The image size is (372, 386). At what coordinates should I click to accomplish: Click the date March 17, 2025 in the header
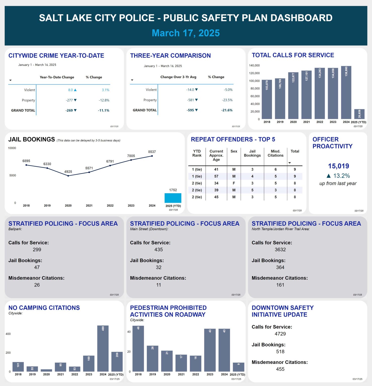[x=186, y=33]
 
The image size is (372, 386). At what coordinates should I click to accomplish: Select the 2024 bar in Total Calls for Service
[x=346, y=92]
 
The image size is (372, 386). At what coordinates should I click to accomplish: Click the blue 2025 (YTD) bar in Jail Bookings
[x=173, y=198]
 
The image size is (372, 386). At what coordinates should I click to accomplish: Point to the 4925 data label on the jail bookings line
[x=68, y=172]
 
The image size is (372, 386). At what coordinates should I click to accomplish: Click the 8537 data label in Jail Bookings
[x=152, y=152]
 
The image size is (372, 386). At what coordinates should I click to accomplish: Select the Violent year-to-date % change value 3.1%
[x=106, y=90]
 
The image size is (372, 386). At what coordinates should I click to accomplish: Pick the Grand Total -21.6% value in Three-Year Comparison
[x=227, y=110]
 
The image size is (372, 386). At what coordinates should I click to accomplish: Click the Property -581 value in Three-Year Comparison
[x=191, y=100]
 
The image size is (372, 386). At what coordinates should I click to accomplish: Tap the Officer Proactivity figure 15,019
[x=338, y=166]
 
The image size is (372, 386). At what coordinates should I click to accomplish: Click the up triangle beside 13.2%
[x=329, y=176]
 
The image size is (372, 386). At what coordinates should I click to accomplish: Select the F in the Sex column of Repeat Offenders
[x=234, y=183]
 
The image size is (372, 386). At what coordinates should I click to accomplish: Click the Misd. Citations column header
[x=275, y=153]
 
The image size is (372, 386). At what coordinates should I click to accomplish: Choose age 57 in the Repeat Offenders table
[x=216, y=176]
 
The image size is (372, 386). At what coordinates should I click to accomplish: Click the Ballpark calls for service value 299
[x=37, y=250]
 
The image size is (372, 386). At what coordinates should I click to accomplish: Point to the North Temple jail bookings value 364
[x=280, y=267]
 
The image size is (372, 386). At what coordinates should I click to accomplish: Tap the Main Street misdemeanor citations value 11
[x=159, y=285]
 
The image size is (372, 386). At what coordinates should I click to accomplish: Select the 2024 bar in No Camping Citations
[x=103, y=348]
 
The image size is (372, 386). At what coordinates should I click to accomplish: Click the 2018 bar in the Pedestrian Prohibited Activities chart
[x=138, y=349]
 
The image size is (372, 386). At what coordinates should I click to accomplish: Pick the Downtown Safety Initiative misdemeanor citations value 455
[x=280, y=369]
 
